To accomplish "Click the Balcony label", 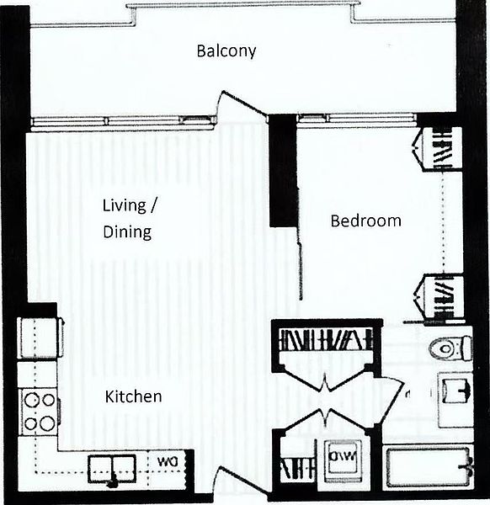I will coord(226,51).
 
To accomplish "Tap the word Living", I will coord(121,205).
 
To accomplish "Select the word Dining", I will coord(128,232).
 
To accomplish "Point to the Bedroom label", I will coord(365,221).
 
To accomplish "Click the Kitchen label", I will coord(133,396).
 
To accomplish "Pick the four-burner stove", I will coord(39,412).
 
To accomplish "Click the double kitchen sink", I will coord(111,465).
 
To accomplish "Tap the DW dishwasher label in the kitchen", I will coord(165,461).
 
